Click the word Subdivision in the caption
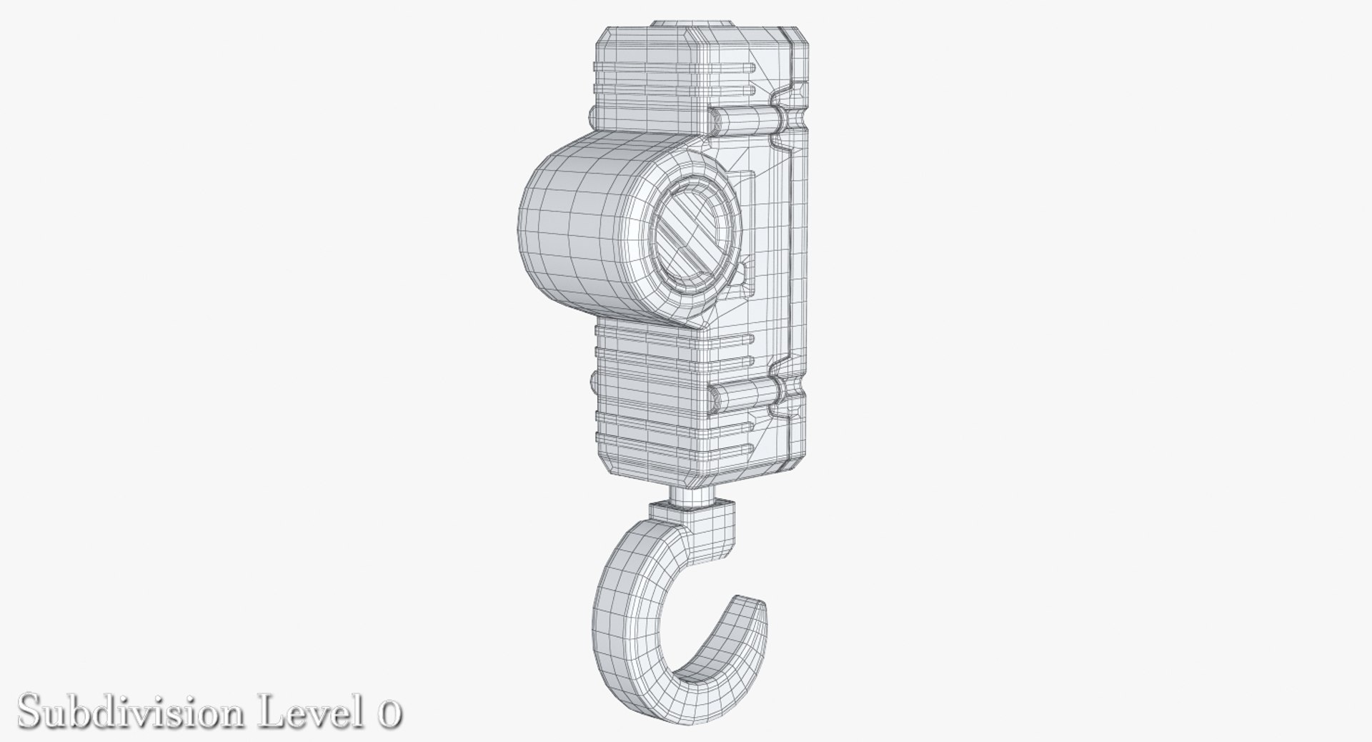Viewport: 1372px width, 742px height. [129, 712]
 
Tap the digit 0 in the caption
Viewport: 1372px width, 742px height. [387, 713]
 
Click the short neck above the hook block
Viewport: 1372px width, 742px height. [692, 495]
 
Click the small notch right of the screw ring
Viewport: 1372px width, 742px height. [744, 271]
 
